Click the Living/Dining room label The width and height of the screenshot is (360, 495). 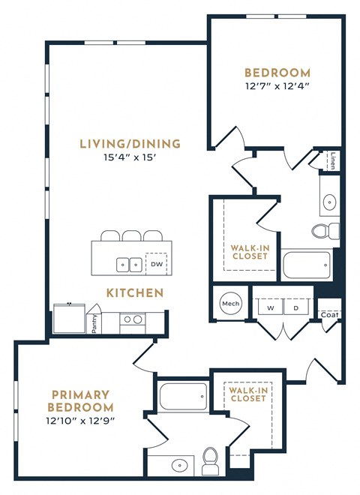[x=131, y=144]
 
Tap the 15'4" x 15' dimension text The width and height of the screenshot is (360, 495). [x=132, y=157]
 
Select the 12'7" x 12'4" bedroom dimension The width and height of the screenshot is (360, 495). [x=277, y=86]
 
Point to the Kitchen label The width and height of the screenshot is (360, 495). [x=134, y=292]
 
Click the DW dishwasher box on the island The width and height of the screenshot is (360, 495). [x=156, y=264]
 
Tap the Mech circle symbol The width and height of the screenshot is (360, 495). [x=229, y=304]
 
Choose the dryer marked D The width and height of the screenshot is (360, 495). [x=295, y=307]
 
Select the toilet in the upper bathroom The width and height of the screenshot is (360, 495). [x=327, y=229]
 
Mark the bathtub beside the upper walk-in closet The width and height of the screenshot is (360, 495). [x=306, y=264]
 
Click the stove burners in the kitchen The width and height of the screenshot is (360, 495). [x=133, y=319]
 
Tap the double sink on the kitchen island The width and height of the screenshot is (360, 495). [x=129, y=264]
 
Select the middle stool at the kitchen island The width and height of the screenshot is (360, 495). [x=132, y=235]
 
